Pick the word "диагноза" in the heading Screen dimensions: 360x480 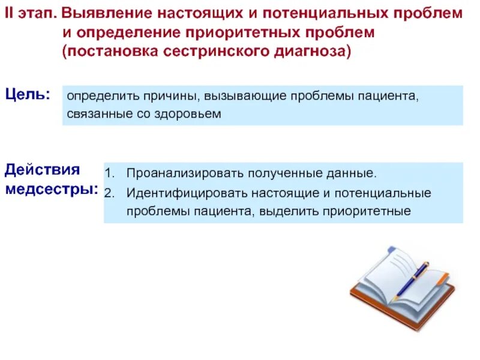point(313,52)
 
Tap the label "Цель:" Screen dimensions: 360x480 point(28,94)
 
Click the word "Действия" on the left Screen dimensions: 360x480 point(43,170)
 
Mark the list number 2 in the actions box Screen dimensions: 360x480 point(109,193)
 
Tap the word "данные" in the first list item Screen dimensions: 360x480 point(355,174)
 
